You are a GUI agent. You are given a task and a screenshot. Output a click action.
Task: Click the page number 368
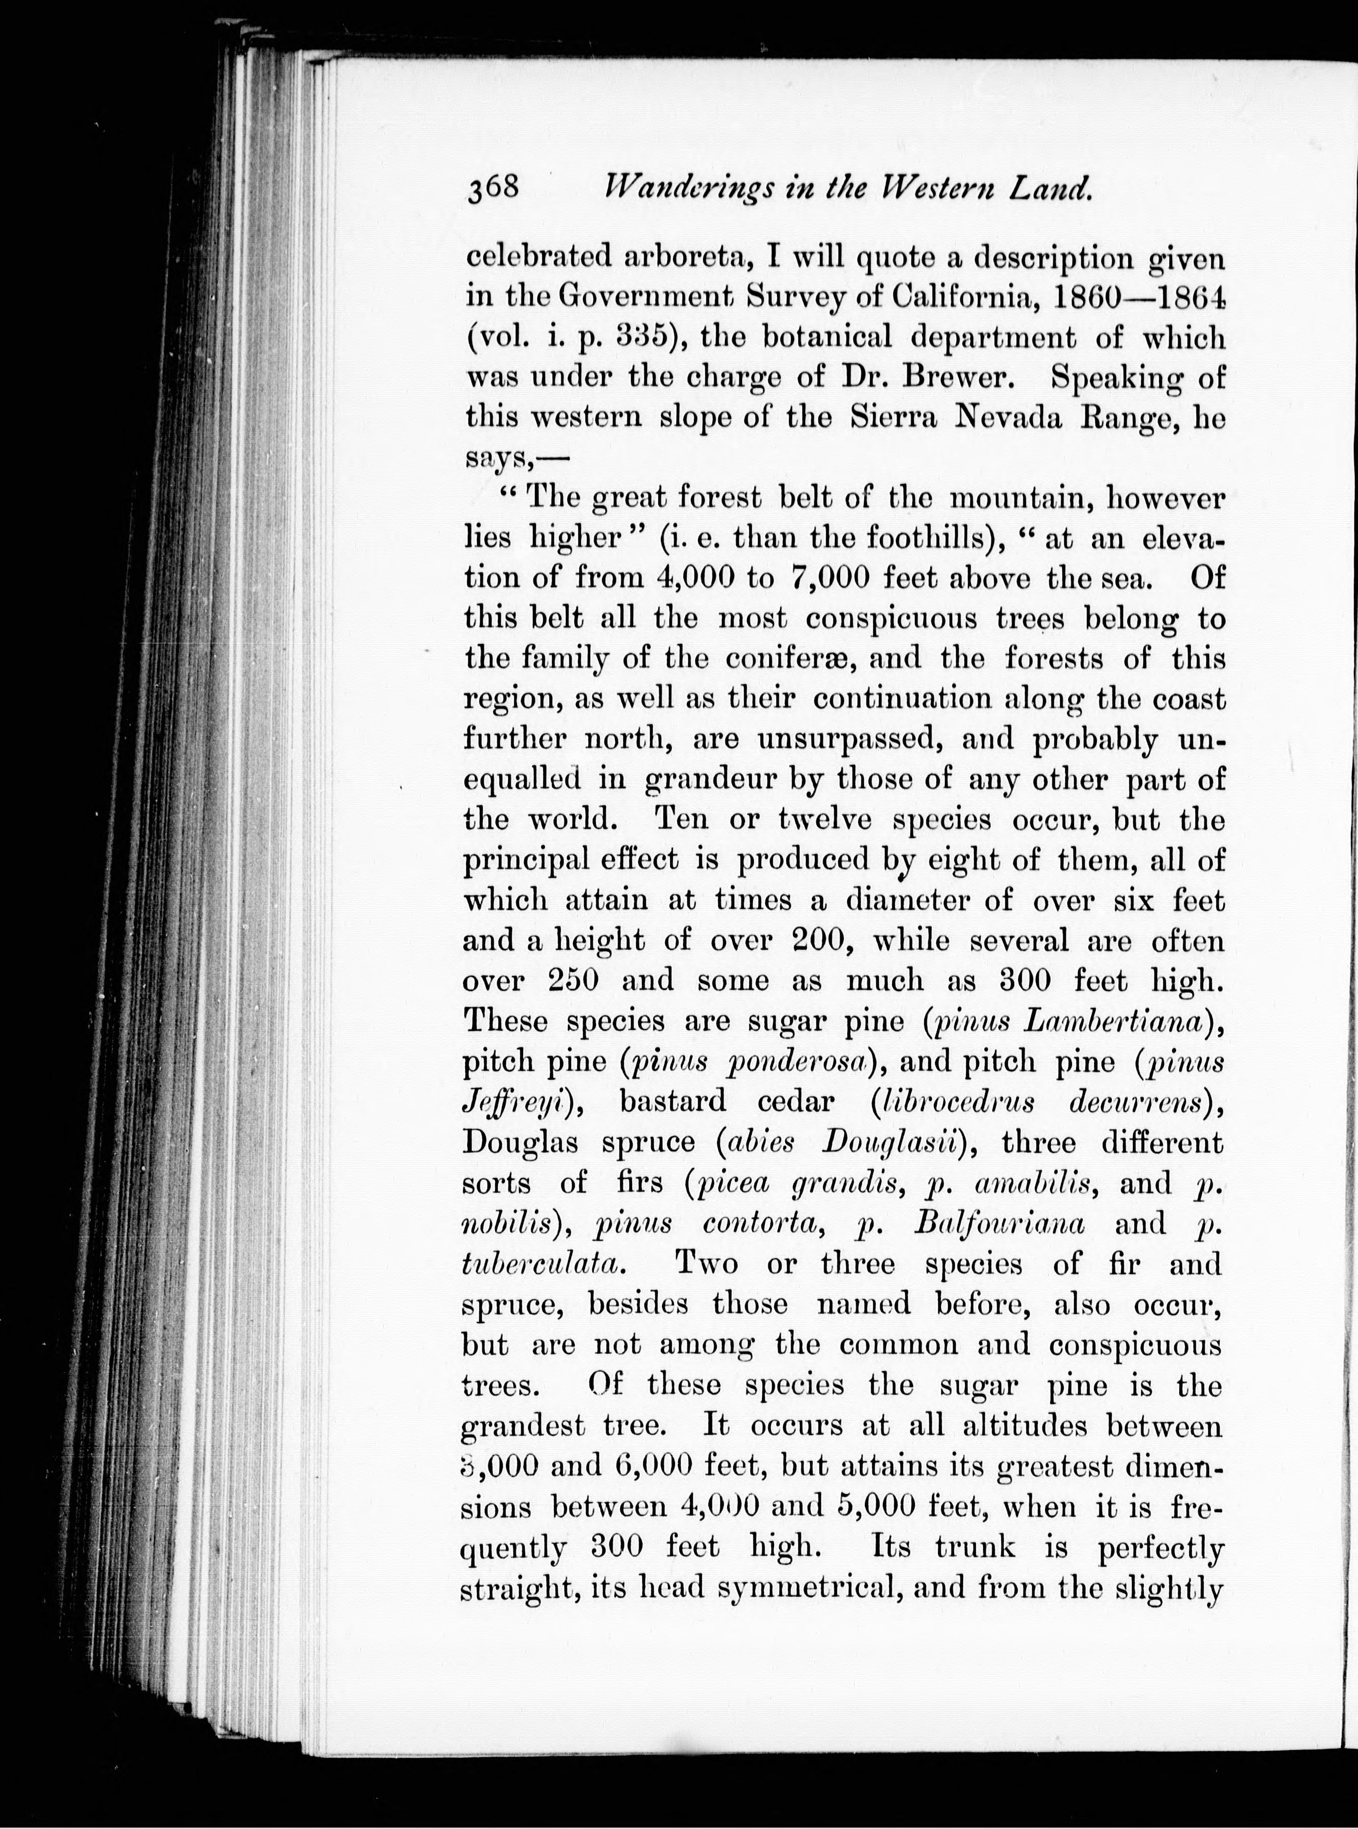pyautogui.click(x=493, y=188)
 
